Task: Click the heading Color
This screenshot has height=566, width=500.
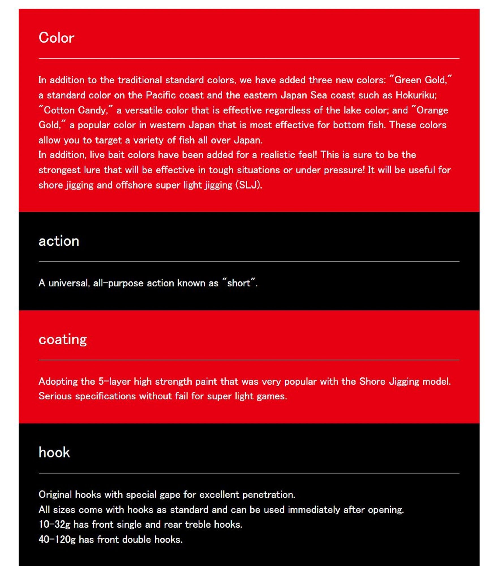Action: click(x=56, y=38)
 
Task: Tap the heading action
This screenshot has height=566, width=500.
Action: click(x=59, y=241)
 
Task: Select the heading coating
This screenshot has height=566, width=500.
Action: click(x=63, y=339)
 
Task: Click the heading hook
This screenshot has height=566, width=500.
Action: click(x=54, y=452)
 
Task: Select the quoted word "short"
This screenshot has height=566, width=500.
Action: click(x=239, y=283)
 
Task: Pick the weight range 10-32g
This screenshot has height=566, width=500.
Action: click(x=54, y=524)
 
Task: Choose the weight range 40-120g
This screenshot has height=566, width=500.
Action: click(x=57, y=539)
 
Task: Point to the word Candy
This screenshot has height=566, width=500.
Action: click(x=92, y=110)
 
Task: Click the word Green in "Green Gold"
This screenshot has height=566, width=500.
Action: click(x=408, y=80)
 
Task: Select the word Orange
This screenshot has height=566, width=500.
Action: click(x=432, y=110)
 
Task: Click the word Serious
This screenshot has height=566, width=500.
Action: click(x=55, y=396)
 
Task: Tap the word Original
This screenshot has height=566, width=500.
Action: click(x=55, y=494)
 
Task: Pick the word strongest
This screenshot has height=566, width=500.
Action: click(x=59, y=170)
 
